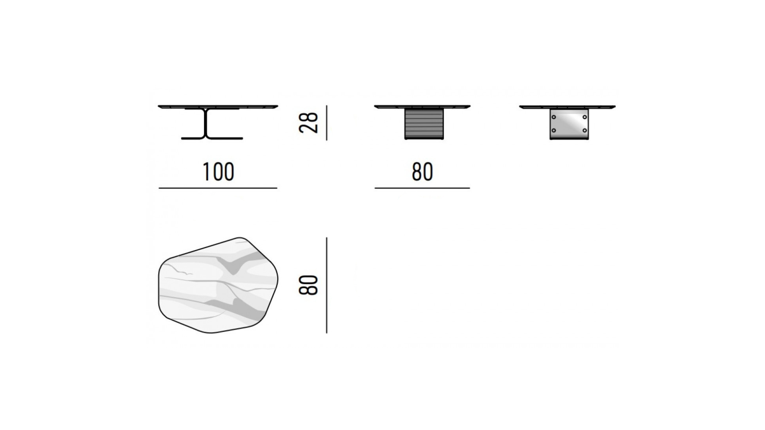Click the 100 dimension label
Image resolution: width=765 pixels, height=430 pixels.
218,172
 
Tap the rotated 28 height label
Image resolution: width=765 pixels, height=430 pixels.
308,123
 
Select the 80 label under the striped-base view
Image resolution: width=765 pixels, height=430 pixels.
422,172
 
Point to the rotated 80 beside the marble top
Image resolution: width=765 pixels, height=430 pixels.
308,285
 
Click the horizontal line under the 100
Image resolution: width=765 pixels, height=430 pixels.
218,188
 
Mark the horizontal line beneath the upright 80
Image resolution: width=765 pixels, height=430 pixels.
422,188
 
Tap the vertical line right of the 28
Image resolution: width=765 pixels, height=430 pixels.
327,123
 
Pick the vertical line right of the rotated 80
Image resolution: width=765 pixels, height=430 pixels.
327,285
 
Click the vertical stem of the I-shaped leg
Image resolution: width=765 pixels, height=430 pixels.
206,123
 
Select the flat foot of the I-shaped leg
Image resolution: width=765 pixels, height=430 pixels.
212,138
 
